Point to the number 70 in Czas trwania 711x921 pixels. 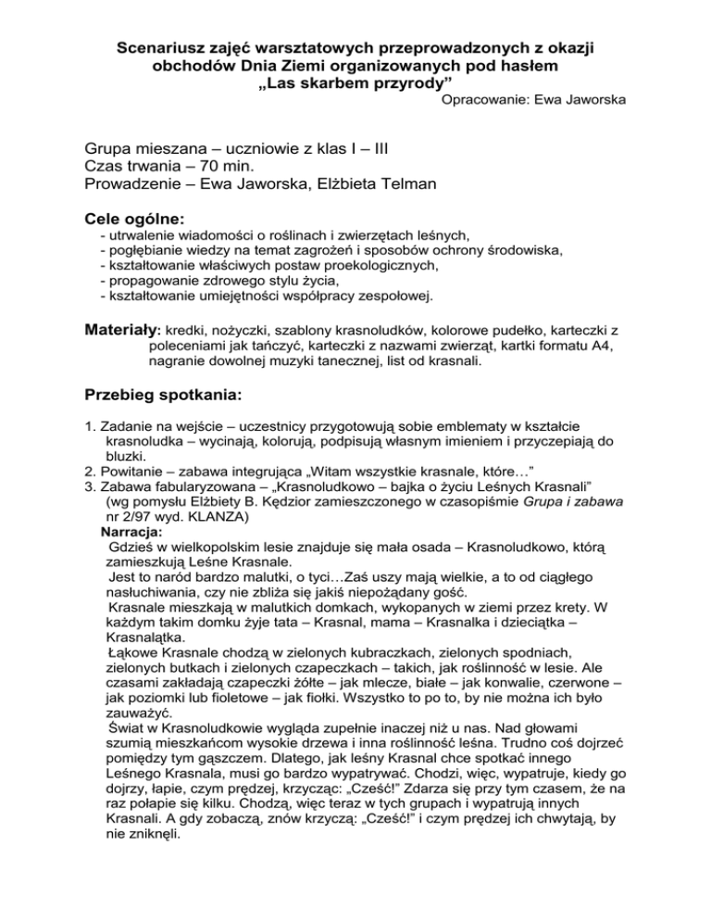(200, 165)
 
